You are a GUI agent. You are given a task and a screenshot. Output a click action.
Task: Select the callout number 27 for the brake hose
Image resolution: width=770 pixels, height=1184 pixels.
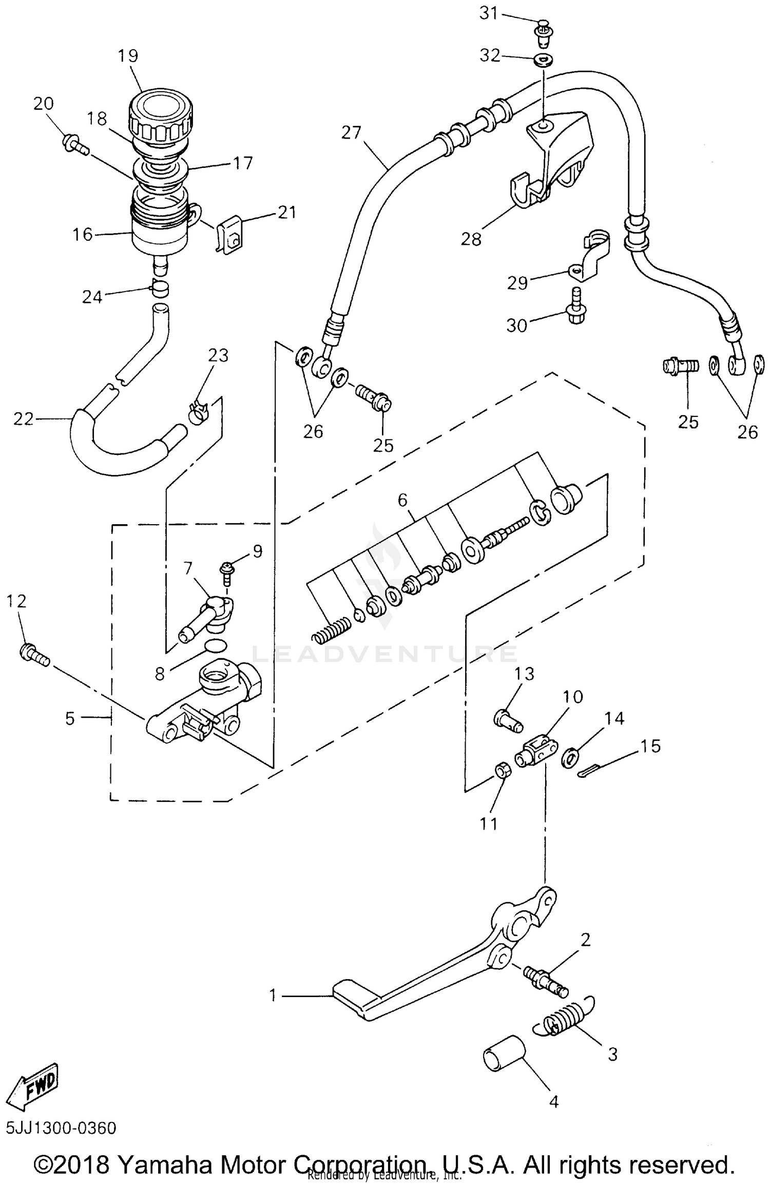pyautogui.click(x=352, y=132)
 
